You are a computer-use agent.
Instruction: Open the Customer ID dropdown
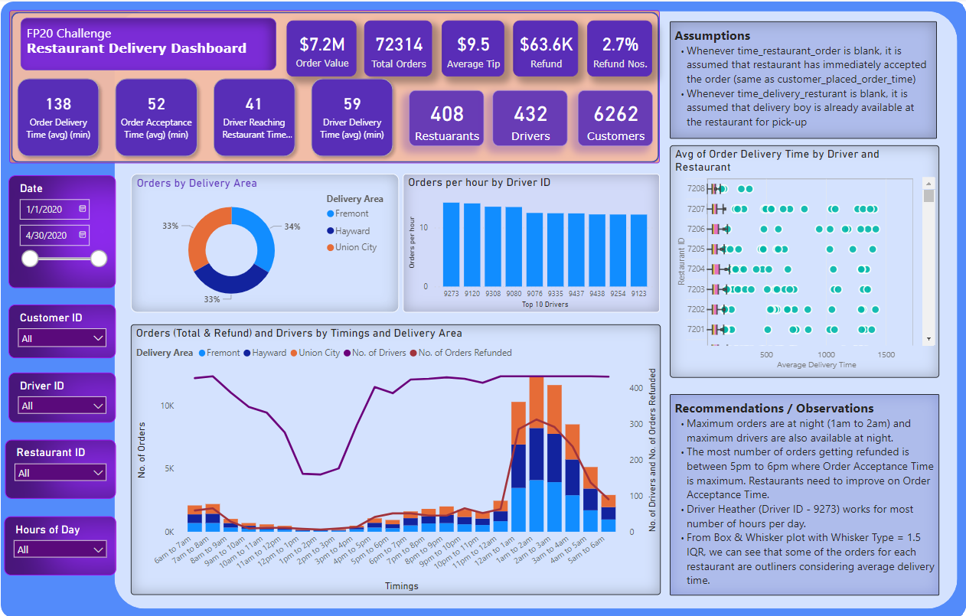62,338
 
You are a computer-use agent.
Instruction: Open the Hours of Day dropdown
60,549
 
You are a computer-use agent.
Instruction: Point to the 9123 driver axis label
638,293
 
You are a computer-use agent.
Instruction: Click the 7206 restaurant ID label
695,229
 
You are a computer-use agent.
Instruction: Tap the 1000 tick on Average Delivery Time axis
826,355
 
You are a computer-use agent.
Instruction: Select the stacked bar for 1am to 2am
537,451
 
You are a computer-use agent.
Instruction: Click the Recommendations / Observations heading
774,409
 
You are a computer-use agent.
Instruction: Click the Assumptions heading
712,36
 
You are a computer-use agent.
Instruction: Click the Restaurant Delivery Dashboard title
136,48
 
